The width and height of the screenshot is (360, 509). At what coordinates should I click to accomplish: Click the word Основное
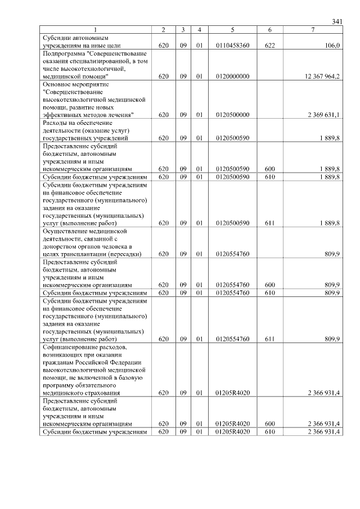click(57, 83)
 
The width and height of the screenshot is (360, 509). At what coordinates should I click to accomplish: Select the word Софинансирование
click(71, 348)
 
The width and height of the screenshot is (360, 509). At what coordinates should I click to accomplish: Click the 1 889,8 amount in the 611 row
click(329, 223)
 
